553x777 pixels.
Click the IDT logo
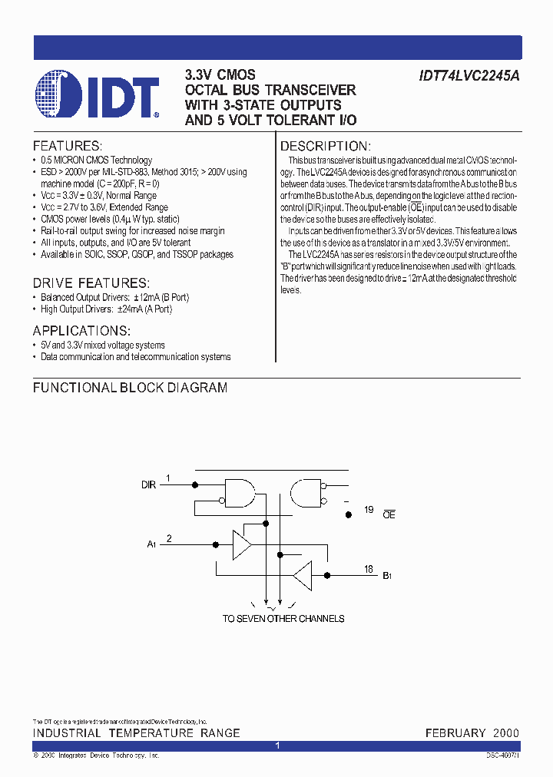point(97,95)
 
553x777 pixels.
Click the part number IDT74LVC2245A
point(469,76)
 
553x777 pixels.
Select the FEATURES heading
point(67,146)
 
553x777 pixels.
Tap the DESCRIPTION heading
point(326,146)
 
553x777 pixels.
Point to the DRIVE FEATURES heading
point(91,283)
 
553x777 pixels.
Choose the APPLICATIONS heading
point(81,331)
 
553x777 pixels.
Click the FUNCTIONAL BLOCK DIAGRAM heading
point(130,388)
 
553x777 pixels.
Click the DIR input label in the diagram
point(148,485)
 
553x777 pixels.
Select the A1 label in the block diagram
point(151,544)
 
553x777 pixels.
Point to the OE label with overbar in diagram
point(389,514)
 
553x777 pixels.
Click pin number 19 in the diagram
point(369,510)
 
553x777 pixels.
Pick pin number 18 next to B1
point(369,569)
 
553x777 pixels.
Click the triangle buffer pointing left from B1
point(303,574)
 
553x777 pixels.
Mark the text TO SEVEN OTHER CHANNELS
point(283,618)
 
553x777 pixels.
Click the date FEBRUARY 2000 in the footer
point(472,733)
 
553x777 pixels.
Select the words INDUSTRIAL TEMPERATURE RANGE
point(136,733)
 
